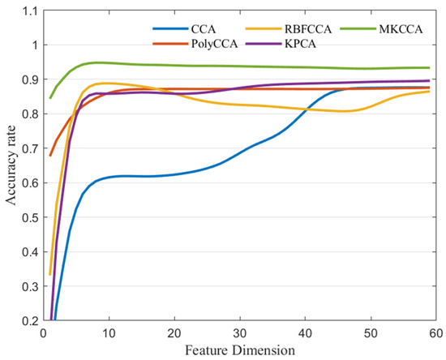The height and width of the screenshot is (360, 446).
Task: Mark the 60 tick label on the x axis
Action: click(x=436, y=332)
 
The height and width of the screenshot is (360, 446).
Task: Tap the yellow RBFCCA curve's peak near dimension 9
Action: click(x=103, y=83)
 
